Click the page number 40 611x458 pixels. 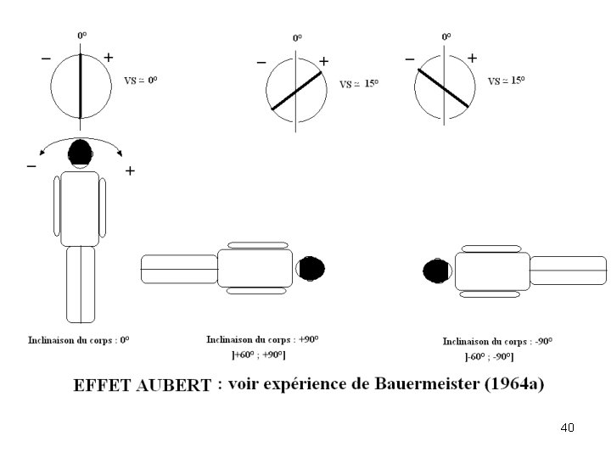[568, 427]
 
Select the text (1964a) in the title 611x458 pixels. [513, 383]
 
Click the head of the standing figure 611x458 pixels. [80, 152]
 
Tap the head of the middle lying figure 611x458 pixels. [311, 269]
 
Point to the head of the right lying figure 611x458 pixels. [436, 271]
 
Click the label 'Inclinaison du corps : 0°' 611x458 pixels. [78, 340]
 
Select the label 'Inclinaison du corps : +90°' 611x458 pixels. [262, 339]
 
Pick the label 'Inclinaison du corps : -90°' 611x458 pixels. [497, 341]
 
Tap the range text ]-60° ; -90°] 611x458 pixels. [498, 355]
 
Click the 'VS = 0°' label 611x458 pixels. [141, 81]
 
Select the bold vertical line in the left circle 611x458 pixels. [81, 86]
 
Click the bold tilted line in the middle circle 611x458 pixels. [296, 91]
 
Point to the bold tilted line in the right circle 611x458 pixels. [442, 87]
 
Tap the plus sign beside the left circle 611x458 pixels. [108, 58]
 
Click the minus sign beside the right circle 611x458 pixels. [410, 59]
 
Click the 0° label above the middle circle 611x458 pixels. [297, 38]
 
